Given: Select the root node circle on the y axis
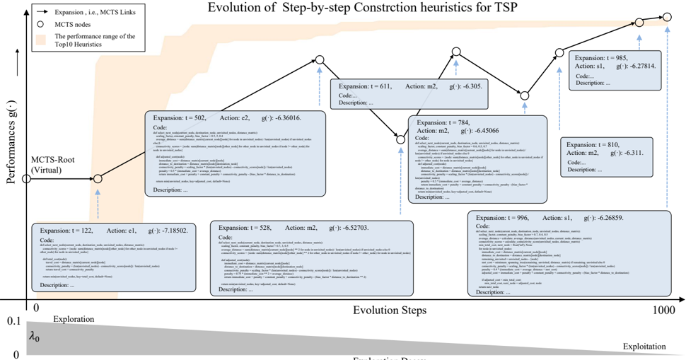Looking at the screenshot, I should coord(26,179).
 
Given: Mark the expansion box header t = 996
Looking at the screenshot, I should coord(549,219).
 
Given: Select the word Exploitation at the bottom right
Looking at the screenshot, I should coord(644,346).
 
